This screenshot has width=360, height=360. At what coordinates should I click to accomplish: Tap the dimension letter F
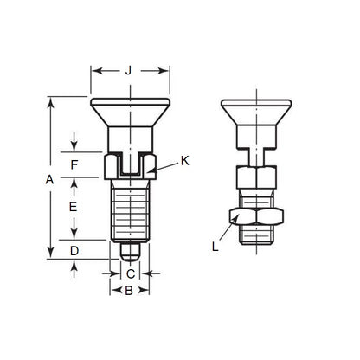[x=74, y=163]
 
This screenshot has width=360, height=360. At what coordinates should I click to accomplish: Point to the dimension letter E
[x=74, y=207]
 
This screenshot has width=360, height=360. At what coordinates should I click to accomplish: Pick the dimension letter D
[x=74, y=251]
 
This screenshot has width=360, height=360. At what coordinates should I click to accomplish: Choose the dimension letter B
[x=128, y=292]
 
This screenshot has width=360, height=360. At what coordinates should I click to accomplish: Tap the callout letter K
[x=185, y=161]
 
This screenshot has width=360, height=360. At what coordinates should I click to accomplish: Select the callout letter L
[x=215, y=246]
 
